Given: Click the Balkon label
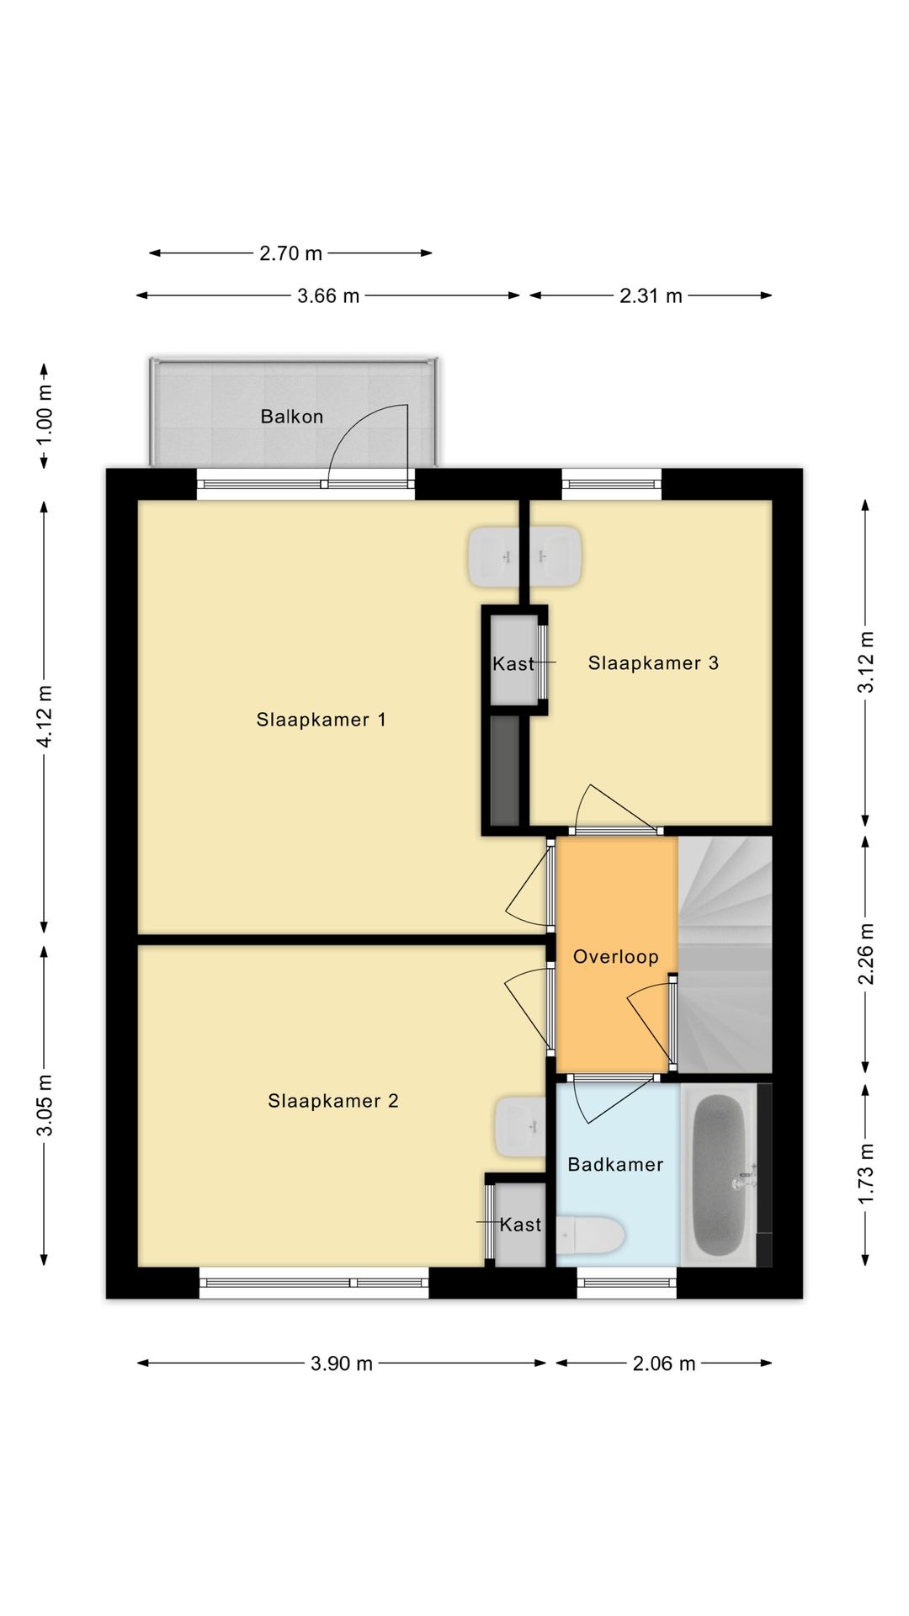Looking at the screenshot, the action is pyautogui.click(x=291, y=417).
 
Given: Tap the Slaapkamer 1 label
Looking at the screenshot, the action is pyautogui.click(x=322, y=720).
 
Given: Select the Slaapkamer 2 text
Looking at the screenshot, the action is pyautogui.click(x=333, y=1101).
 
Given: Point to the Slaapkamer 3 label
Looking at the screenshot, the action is pyautogui.click(x=653, y=663).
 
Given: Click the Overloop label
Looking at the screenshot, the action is pyautogui.click(x=616, y=957).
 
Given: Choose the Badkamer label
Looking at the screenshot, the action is pyautogui.click(x=615, y=1165).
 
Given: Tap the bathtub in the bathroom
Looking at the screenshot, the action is pyautogui.click(x=721, y=1174).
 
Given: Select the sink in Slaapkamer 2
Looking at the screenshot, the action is pyautogui.click(x=520, y=1126).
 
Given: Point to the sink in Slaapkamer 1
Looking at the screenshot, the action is pyautogui.click(x=494, y=556).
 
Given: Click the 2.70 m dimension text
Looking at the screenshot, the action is pyautogui.click(x=291, y=253).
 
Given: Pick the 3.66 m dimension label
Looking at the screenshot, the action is pyautogui.click(x=328, y=296).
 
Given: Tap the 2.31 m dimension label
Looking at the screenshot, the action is pyautogui.click(x=651, y=296).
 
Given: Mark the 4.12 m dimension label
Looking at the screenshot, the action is pyautogui.click(x=45, y=716).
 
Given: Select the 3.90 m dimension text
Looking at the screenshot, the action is pyautogui.click(x=342, y=1364).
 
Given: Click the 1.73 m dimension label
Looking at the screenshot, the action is pyautogui.click(x=866, y=1174).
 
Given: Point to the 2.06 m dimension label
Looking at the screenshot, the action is pyautogui.click(x=664, y=1364).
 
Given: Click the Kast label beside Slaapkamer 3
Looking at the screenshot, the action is pyautogui.click(x=513, y=664).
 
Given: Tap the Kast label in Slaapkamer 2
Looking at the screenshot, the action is pyautogui.click(x=520, y=1225).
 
